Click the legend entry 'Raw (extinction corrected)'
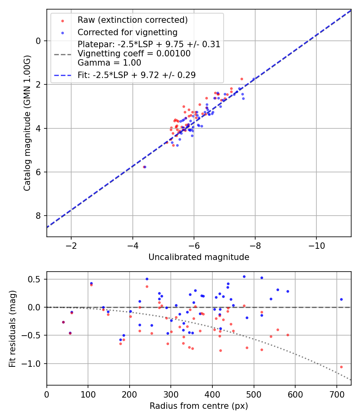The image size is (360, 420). tap(132, 20)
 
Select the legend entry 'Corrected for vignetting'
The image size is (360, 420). tap(127, 32)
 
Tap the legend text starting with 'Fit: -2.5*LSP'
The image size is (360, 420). tap(136, 75)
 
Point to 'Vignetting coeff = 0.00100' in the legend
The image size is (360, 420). tap(134, 54)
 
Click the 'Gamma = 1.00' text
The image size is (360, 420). tap(109, 63)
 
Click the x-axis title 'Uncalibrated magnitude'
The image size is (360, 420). tap(199, 257)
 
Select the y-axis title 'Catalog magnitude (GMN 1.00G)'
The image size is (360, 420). tap(27, 123)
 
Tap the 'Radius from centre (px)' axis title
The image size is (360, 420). tap(199, 406)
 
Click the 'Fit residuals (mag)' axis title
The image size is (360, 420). tap(12, 328)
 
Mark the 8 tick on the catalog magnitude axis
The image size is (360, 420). tap(38, 216)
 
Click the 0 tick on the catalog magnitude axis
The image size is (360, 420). tap(38, 41)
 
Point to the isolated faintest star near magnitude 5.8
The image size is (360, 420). tap(144, 167)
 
